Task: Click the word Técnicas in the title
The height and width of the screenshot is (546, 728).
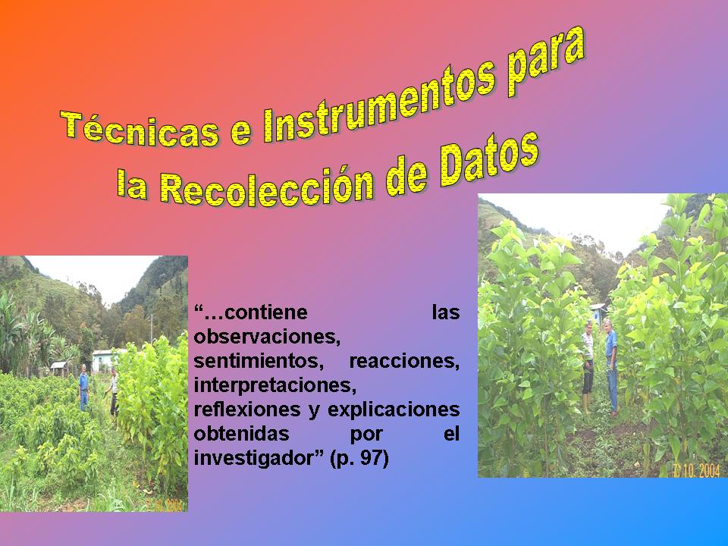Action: tap(140, 129)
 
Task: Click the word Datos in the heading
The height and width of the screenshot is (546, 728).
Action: tap(490, 159)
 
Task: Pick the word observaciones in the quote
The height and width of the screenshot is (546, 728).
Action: tap(267, 337)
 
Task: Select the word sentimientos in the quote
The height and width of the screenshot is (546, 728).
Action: tap(259, 361)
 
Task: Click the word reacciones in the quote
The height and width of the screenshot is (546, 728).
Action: tap(404, 361)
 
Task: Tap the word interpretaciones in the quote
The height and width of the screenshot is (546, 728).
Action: tap(275, 385)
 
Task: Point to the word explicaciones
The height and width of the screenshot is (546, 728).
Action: tap(394, 410)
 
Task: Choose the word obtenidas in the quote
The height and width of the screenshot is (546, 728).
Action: tap(241, 434)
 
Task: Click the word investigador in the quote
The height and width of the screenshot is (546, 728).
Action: tap(259, 458)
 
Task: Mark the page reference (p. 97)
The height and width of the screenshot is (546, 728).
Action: tap(359, 459)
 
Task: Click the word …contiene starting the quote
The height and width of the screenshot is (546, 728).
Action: tap(251, 312)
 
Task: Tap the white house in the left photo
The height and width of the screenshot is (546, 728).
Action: tap(103, 360)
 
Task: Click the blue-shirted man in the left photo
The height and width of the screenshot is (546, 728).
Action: tap(83, 388)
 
